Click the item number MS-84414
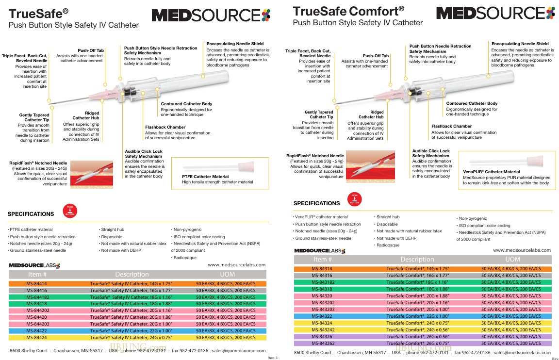(x=36, y=284)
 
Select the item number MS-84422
(x=36, y=331)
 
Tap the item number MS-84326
(x=322, y=336)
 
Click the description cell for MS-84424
(x=131, y=338)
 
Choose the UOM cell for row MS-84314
(x=509, y=268)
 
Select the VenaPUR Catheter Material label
(x=491, y=172)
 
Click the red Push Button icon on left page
(x=70, y=211)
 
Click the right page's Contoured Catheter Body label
(x=472, y=103)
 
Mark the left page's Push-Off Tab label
(x=91, y=50)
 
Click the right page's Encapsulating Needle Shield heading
(x=520, y=44)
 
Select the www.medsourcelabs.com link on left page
(x=236, y=265)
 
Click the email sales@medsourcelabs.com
(x=522, y=353)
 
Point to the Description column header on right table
(x=417, y=260)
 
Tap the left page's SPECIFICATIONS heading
(x=31, y=214)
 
